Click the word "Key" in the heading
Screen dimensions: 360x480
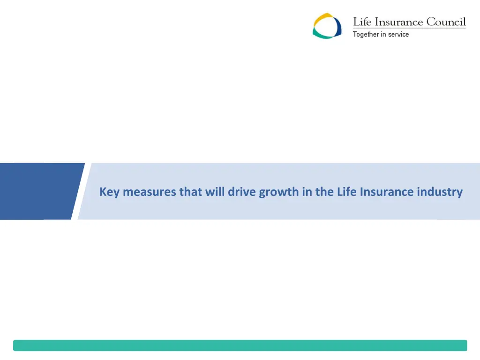click(109, 192)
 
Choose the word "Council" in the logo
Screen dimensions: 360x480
click(446, 22)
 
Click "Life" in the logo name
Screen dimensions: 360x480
click(363, 22)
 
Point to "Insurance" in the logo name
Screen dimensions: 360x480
click(399, 22)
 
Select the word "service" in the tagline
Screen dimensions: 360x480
click(398, 34)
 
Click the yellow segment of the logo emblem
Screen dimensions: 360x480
click(321, 19)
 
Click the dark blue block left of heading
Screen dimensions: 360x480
click(37, 191)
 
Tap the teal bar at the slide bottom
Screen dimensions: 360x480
click(240, 345)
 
